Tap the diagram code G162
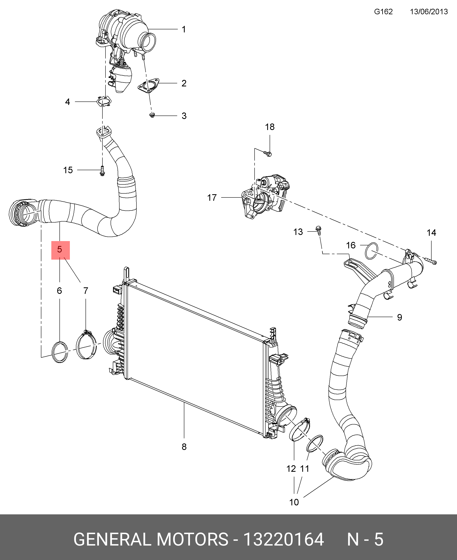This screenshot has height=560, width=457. coord(383,12)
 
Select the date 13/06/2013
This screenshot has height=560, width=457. coord(429,12)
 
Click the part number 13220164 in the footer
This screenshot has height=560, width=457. coord(283,539)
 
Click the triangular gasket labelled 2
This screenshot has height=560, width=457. coord(149,86)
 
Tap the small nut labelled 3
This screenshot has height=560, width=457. coord(152,115)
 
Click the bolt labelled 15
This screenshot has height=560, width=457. coord(102,171)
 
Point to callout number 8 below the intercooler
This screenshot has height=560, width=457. coord(184,447)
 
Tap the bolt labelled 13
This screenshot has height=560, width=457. coord(319,230)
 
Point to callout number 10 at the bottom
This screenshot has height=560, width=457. coord(294,502)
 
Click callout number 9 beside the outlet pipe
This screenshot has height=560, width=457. coord(400,317)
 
